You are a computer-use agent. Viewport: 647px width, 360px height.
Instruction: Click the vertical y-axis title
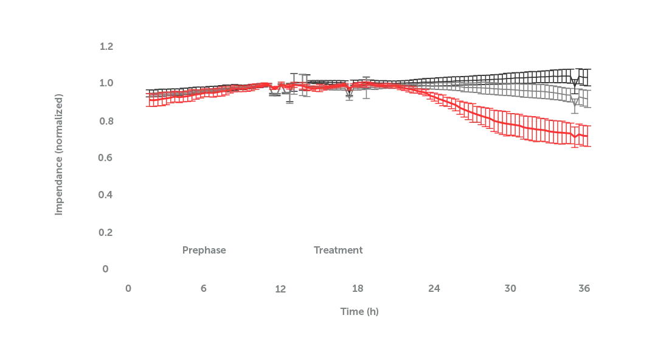tap(59, 155)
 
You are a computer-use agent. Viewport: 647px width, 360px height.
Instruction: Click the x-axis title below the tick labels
tap(358, 311)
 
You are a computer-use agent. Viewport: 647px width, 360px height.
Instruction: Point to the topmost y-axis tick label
tap(107, 46)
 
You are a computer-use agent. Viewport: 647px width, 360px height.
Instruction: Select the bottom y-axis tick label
tap(107, 268)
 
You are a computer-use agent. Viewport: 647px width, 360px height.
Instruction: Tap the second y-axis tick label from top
tap(107, 83)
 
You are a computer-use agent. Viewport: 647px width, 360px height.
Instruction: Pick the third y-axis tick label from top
tap(107, 120)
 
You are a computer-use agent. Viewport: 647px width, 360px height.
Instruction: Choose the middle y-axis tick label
tap(107, 158)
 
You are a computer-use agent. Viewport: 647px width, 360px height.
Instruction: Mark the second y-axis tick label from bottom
tap(107, 232)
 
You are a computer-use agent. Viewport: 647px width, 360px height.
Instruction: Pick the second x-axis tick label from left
tap(204, 286)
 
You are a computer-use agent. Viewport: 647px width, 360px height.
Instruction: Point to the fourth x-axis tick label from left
tap(358, 286)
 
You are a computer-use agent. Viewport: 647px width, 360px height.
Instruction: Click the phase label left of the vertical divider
tap(204, 251)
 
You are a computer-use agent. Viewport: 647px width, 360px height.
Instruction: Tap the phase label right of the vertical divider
tap(339, 251)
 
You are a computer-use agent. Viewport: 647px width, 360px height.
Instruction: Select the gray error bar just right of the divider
tap(289, 91)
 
